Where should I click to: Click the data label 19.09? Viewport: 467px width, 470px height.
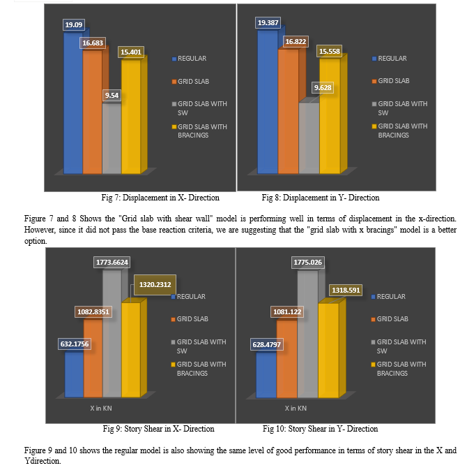[73, 25]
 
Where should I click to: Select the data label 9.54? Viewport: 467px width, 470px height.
[112, 94]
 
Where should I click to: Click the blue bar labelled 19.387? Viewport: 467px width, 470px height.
[267, 105]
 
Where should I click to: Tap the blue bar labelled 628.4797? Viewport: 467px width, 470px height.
[266, 374]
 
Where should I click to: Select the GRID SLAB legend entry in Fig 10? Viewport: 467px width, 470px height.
[390, 319]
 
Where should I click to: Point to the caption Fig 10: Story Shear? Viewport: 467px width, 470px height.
[320, 428]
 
